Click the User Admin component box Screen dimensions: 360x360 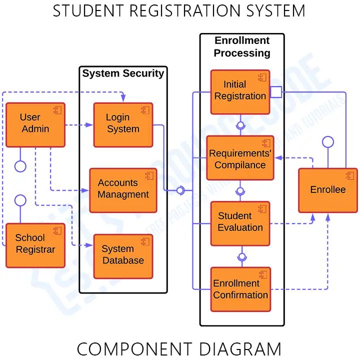pos(35,124)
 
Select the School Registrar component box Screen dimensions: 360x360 pos(35,245)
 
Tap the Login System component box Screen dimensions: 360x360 pos(123,124)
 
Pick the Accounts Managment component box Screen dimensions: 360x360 pos(123,190)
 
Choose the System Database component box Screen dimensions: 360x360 pos(123,256)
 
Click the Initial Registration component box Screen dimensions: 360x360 pos(240,91)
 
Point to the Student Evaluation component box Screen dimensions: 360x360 pos(240,223)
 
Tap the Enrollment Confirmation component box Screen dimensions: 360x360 pos(240,289)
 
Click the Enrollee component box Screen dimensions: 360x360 pos(327,190)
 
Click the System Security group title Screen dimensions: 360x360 pos(123,73)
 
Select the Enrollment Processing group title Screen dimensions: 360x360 pos(242,46)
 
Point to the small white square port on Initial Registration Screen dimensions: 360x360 pos(276,91)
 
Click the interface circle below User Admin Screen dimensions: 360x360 pos(20,166)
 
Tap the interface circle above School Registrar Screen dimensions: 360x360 pos(20,200)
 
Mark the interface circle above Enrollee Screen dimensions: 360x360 pos(327,141)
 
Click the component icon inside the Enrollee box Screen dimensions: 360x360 pos(349,176)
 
